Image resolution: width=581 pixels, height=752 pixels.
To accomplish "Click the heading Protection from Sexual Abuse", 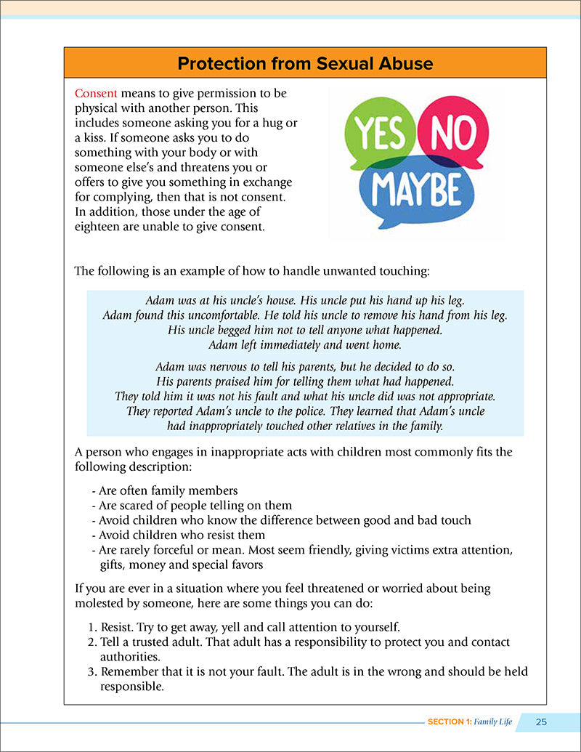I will point(305,64).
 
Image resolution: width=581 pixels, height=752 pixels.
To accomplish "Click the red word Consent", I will point(97,94).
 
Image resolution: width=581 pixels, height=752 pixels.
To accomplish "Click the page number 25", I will point(541,721).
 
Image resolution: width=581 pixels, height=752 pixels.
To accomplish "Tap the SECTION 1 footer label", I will point(446,721).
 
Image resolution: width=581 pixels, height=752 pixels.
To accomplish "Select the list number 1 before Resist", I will point(92,627).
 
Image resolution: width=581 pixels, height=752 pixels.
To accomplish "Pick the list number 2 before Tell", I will point(92,642).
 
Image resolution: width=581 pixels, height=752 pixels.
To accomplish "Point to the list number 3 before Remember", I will point(92,671).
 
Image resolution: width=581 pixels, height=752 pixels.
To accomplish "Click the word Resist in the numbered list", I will point(118,627).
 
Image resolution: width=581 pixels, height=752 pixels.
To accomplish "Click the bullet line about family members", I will point(165,490).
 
